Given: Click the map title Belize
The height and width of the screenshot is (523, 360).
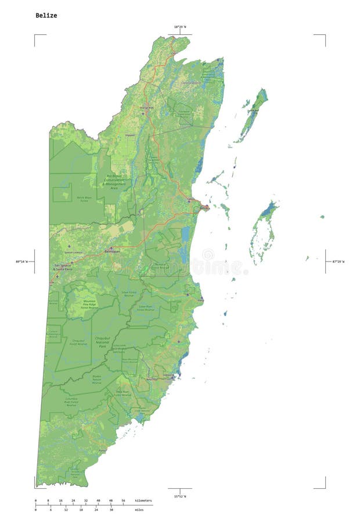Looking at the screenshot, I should click(46, 16).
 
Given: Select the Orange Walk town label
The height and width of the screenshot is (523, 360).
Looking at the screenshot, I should click(146, 108).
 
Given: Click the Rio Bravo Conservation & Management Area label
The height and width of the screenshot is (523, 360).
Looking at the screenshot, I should click(114, 182).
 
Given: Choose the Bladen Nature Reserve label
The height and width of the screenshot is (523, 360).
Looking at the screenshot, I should click(97, 379).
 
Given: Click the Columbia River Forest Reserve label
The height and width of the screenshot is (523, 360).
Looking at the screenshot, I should click(71, 402).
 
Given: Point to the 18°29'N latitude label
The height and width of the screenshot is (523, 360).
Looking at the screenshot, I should click(181, 27).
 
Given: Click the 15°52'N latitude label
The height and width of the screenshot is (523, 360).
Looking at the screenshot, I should click(180, 496).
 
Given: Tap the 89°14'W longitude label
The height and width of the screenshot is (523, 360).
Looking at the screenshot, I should click(21, 261).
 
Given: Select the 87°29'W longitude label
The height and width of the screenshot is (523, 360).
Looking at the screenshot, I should click(338, 261).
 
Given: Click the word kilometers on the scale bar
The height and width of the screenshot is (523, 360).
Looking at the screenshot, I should click(143, 500).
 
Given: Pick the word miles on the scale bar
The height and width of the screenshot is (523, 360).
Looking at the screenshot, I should click(139, 510).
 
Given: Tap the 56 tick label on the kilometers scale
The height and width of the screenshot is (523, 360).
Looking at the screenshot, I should click(123, 500).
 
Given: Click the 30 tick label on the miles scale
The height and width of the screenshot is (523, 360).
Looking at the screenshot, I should click(111, 510).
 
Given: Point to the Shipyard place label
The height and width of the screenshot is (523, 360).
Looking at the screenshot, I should click(129, 135).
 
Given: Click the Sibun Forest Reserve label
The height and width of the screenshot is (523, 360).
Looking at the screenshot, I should click(129, 293).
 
